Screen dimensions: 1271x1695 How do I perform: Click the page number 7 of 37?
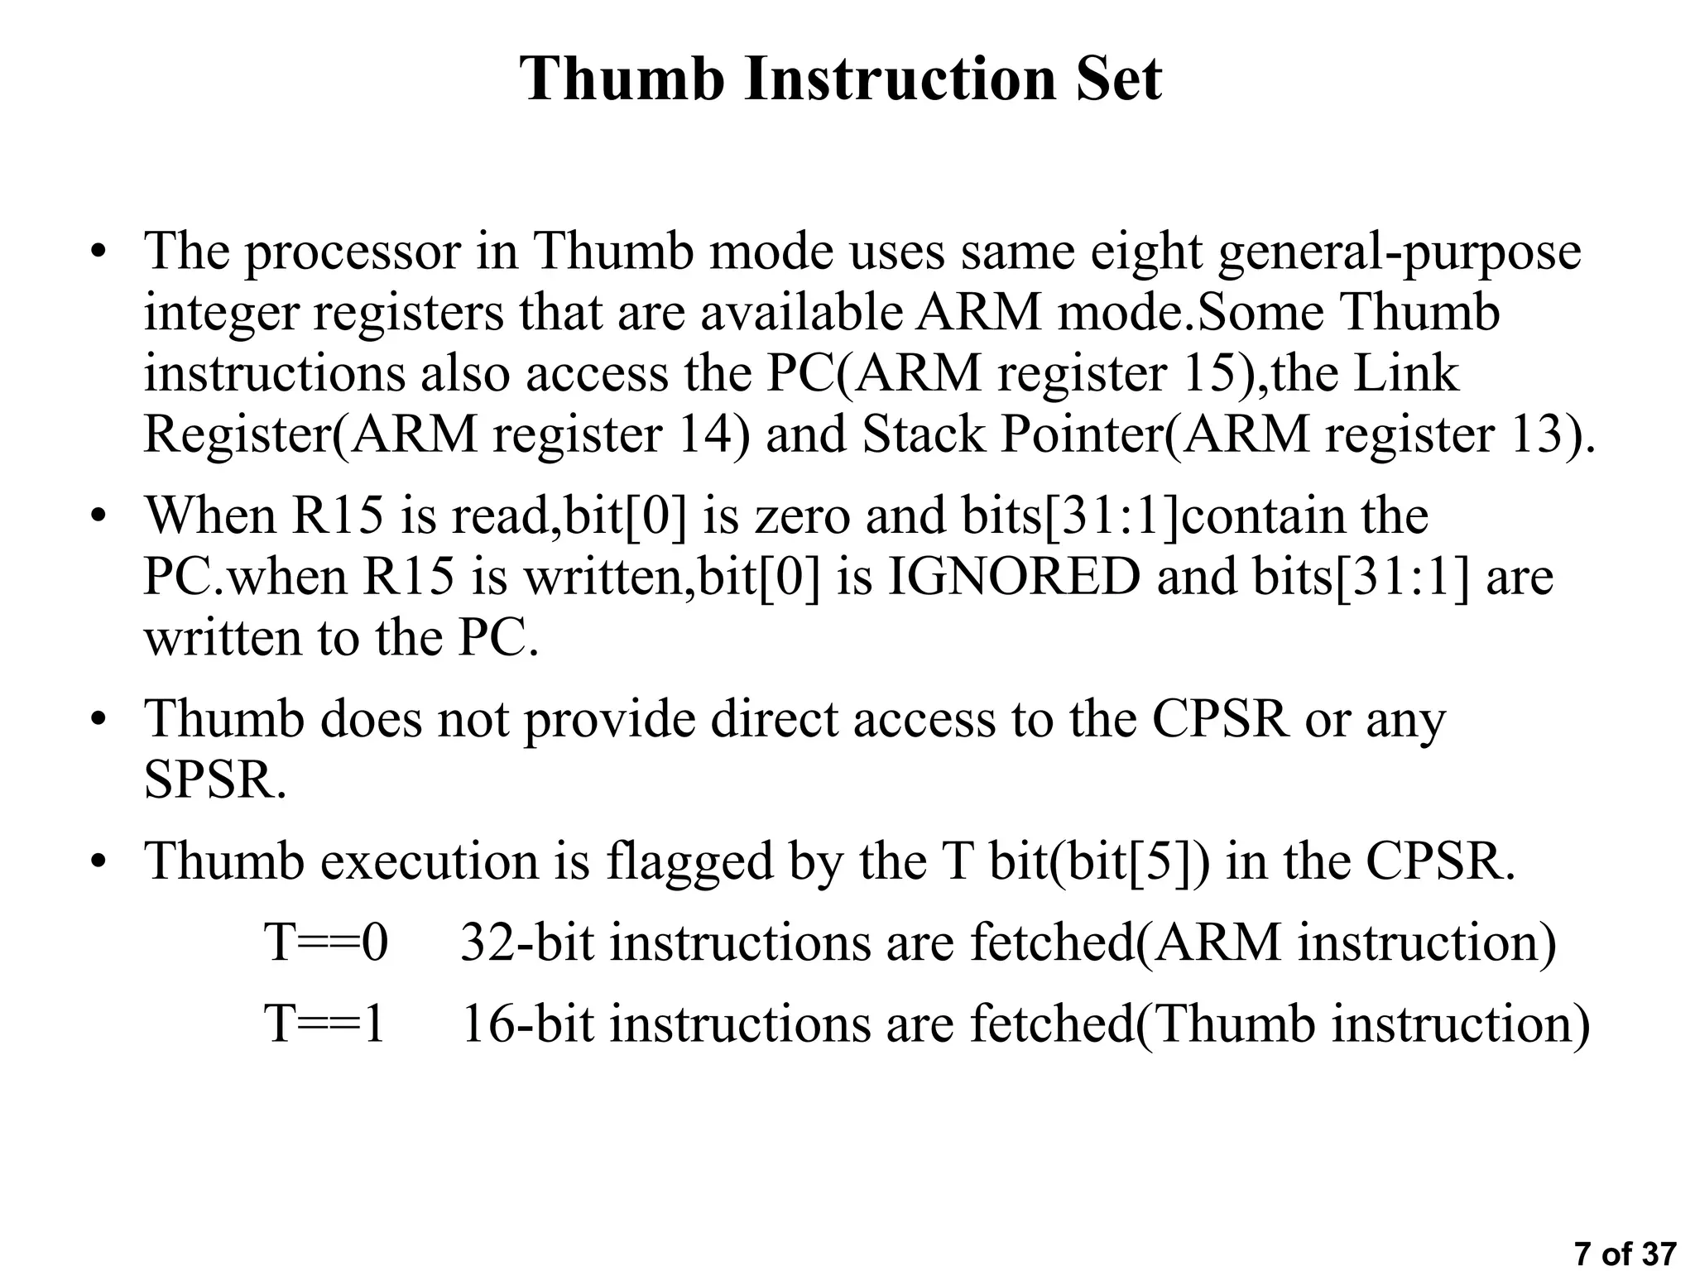(1625, 1254)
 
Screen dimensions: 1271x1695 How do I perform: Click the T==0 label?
(325, 942)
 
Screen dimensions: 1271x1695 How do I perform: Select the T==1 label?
(325, 1023)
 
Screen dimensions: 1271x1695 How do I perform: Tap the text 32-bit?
(526, 942)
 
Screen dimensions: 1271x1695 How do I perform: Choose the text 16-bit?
(526, 1023)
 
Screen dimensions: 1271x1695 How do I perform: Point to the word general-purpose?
(1400, 252)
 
